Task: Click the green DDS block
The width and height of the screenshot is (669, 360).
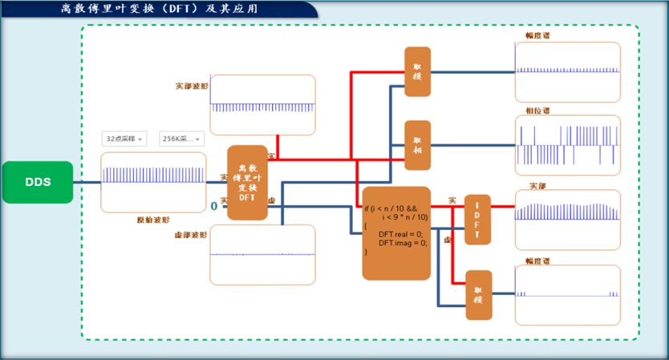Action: click(x=38, y=182)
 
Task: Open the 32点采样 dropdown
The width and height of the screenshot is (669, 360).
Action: click(x=124, y=139)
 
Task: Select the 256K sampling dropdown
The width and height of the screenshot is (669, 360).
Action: click(x=181, y=139)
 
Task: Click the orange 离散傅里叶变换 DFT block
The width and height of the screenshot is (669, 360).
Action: click(x=247, y=182)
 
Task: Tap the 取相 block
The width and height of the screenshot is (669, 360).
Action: click(x=417, y=145)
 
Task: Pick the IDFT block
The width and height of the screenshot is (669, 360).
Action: click(x=477, y=220)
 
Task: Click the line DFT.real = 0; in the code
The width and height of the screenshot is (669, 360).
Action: click(x=402, y=233)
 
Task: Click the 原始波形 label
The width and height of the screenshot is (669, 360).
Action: click(x=152, y=220)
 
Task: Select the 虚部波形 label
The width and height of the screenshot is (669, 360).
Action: click(x=190, y=235)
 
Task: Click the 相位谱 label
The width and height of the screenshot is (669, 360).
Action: click(x=537, y=110)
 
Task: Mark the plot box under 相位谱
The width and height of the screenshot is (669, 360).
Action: click(x=567, y=144)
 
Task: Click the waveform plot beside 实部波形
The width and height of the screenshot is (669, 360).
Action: click(x=262, y=105)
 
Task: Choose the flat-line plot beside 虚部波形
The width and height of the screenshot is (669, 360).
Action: click(x=262, y=254)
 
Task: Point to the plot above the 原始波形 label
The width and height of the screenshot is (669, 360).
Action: click(x=153, y=182)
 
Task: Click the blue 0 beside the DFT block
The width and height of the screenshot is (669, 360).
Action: click(x=214, y=207)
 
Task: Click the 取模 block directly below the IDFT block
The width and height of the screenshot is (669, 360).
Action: click(x=478, y=295)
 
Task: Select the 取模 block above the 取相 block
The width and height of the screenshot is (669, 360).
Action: click(x=417, y=71)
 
